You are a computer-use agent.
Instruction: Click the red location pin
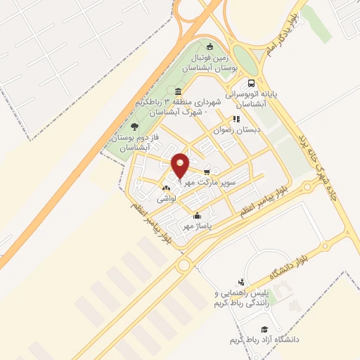(x=181, y=165)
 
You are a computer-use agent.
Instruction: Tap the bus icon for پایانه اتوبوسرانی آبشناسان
(x=252, y=83)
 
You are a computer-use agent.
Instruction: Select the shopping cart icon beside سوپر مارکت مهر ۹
(x=207, y=172)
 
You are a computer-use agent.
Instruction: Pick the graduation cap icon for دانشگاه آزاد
(x=264, y=330)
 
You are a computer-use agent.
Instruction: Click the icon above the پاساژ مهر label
(x=198, y=216)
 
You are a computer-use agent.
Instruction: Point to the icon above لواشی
(x=166, y=188)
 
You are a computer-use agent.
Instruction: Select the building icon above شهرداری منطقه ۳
(x=178, y=92)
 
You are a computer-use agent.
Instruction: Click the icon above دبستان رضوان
(x=236, y=119)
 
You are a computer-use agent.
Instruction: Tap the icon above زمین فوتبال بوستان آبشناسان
(x=209, y=47)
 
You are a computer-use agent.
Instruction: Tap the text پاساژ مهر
(x=198, y=226)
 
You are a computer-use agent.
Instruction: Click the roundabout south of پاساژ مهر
(x=184, y=265)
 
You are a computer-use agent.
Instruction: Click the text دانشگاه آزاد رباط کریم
(x=264, y=340)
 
